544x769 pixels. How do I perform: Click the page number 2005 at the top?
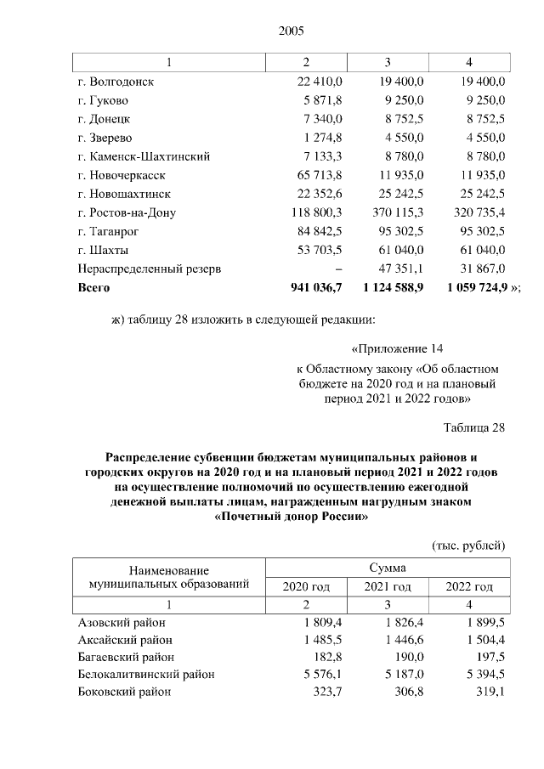click(291, 31)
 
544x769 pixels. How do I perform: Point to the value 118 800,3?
click(315, 212)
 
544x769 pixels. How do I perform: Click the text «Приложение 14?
click(397, 348)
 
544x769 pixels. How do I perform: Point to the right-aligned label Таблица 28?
click(474, 427)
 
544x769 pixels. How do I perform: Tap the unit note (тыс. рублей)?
click(468, 545)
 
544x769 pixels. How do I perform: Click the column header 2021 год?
click(388, 586)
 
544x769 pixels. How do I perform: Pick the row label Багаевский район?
click(125, 657)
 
